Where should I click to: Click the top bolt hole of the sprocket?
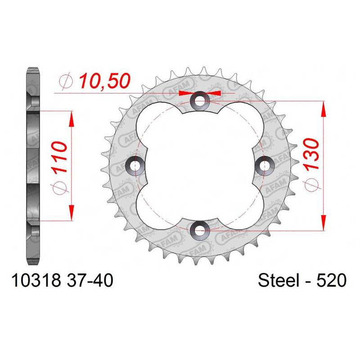200,100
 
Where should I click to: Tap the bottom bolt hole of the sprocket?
200,230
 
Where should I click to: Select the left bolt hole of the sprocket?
136,165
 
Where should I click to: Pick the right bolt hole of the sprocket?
265,165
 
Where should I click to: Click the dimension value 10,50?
105,81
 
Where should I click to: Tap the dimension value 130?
311,153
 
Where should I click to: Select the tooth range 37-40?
90,280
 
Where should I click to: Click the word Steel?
279,280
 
